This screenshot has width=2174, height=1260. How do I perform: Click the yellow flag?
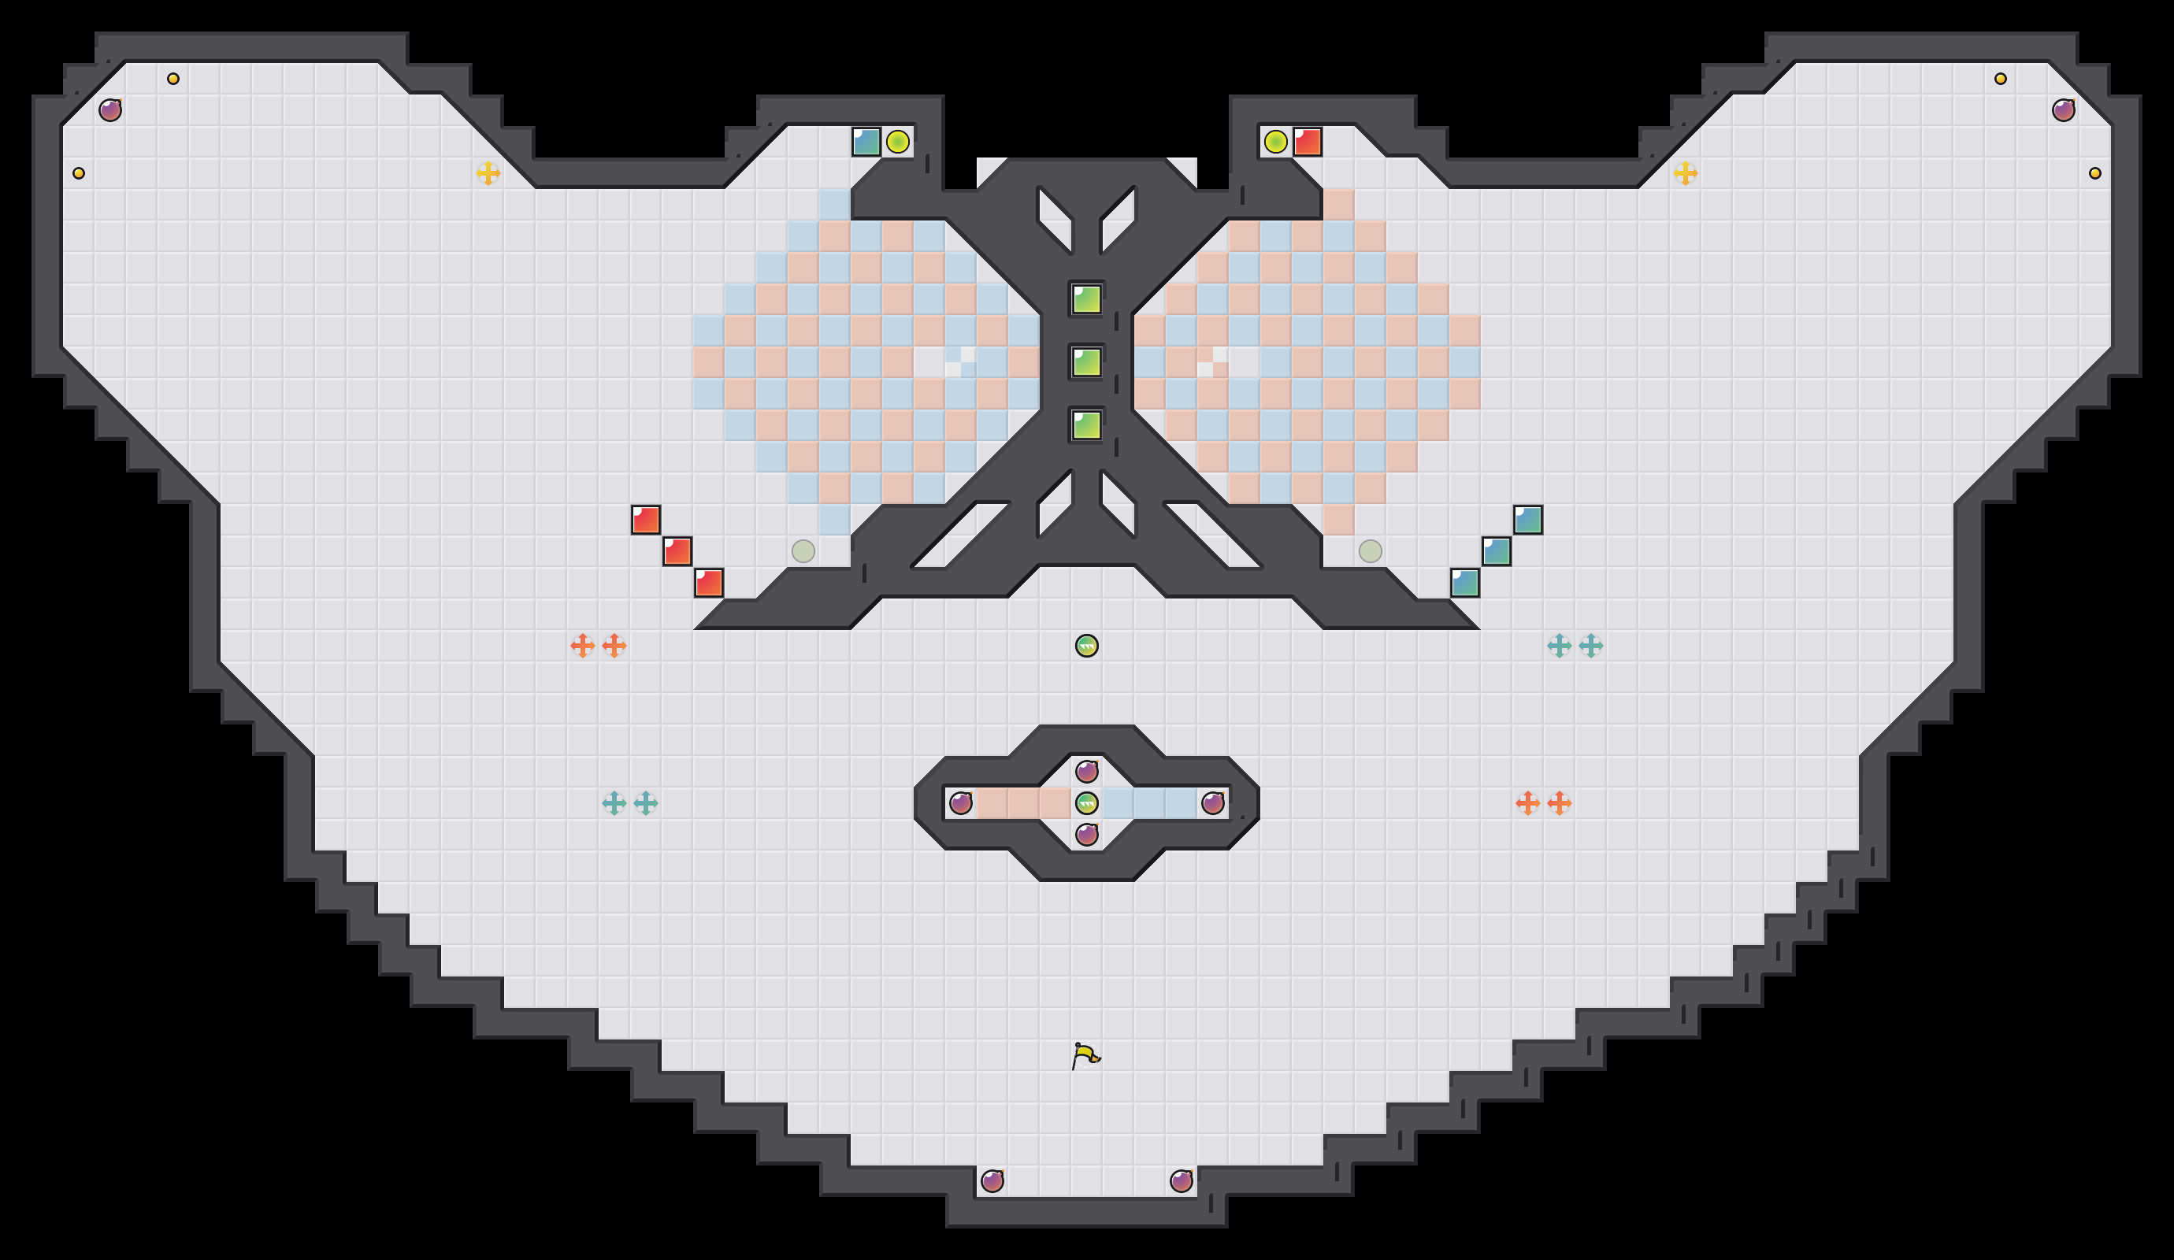1085,1055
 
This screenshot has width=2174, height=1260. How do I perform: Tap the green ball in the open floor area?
1087,645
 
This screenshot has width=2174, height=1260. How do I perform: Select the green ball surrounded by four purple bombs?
1087,803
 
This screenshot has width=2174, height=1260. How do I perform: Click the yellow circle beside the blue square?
897,142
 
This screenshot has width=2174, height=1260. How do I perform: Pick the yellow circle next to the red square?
1276,142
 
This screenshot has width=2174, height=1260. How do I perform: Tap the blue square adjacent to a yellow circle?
866,142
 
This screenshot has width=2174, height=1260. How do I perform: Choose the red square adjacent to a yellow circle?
1308,142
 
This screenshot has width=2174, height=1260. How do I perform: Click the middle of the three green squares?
1087,362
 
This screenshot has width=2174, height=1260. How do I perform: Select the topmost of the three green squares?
1087,299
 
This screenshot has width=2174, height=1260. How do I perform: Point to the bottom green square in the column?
1087,425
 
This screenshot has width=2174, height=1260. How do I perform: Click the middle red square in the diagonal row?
677,551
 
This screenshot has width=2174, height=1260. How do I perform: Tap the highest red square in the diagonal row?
645,520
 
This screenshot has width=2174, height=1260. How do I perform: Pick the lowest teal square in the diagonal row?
1465,583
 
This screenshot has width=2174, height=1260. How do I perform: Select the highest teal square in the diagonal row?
1528,520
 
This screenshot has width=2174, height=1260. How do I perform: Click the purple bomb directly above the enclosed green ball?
1087,771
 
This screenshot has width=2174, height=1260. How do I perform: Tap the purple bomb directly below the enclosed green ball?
1087,834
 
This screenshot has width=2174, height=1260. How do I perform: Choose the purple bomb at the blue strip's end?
1213,803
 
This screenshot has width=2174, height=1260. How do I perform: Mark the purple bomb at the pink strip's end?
961,803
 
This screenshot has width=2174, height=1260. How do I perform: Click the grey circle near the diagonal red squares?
803,551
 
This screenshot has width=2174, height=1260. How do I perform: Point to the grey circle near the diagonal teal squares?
1371,551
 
